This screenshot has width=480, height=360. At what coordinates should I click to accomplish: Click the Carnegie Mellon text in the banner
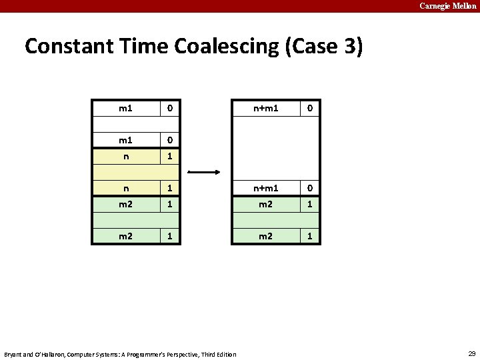[x=447, y=6]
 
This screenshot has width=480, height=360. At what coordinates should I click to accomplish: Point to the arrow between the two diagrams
[x=205, y=172]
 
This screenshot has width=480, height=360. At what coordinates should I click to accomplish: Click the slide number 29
[x=471, y=353]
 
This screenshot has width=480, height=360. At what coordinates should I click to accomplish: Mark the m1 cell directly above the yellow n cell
[x=125, y=141]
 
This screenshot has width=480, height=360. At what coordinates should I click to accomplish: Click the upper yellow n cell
[x=125, y=157]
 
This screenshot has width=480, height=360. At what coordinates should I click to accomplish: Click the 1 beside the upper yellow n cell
[x=170, y=157]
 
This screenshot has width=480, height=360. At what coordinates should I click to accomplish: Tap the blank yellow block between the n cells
[x=136, y=173]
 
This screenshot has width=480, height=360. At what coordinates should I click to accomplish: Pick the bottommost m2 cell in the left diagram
[x=125, y=237]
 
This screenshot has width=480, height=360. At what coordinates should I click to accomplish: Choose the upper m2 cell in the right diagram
[x=265, y=205]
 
